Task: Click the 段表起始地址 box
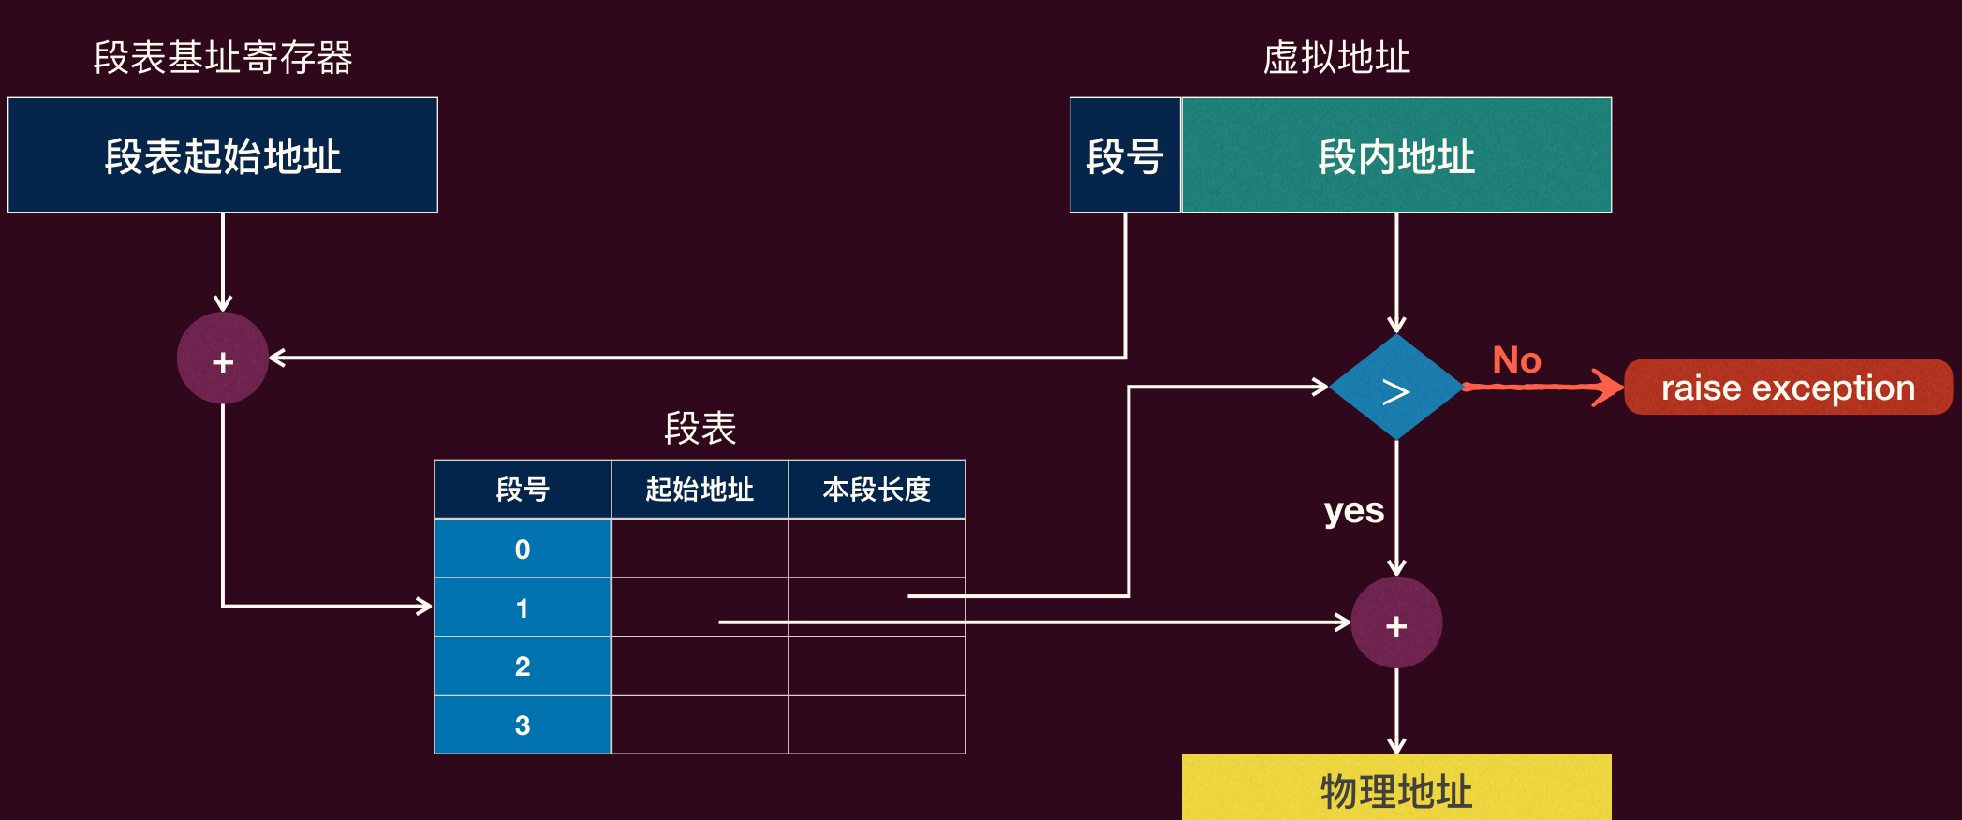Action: point(223,155)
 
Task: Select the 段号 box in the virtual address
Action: point(1125,155)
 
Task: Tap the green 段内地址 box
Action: point(1396,155)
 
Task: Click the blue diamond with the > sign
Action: point(1396,388)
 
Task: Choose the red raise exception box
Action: point(1788,387)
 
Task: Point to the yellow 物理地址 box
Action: point(1396,788)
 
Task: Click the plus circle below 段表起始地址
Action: point(223,359)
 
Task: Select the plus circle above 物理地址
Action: point(1396,622)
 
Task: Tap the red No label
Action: point(1516,360)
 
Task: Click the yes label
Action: point(1354,512)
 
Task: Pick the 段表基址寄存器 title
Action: point(223,58)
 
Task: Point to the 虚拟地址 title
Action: point(1336,58)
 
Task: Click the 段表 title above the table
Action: point(700,429)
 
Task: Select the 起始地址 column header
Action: point(700,490)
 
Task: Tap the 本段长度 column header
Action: point(877,490)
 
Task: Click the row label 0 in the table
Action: point(523,549)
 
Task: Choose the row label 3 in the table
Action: point(523,725)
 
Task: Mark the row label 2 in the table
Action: point(523,666)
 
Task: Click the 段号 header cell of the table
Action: point(523,490)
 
